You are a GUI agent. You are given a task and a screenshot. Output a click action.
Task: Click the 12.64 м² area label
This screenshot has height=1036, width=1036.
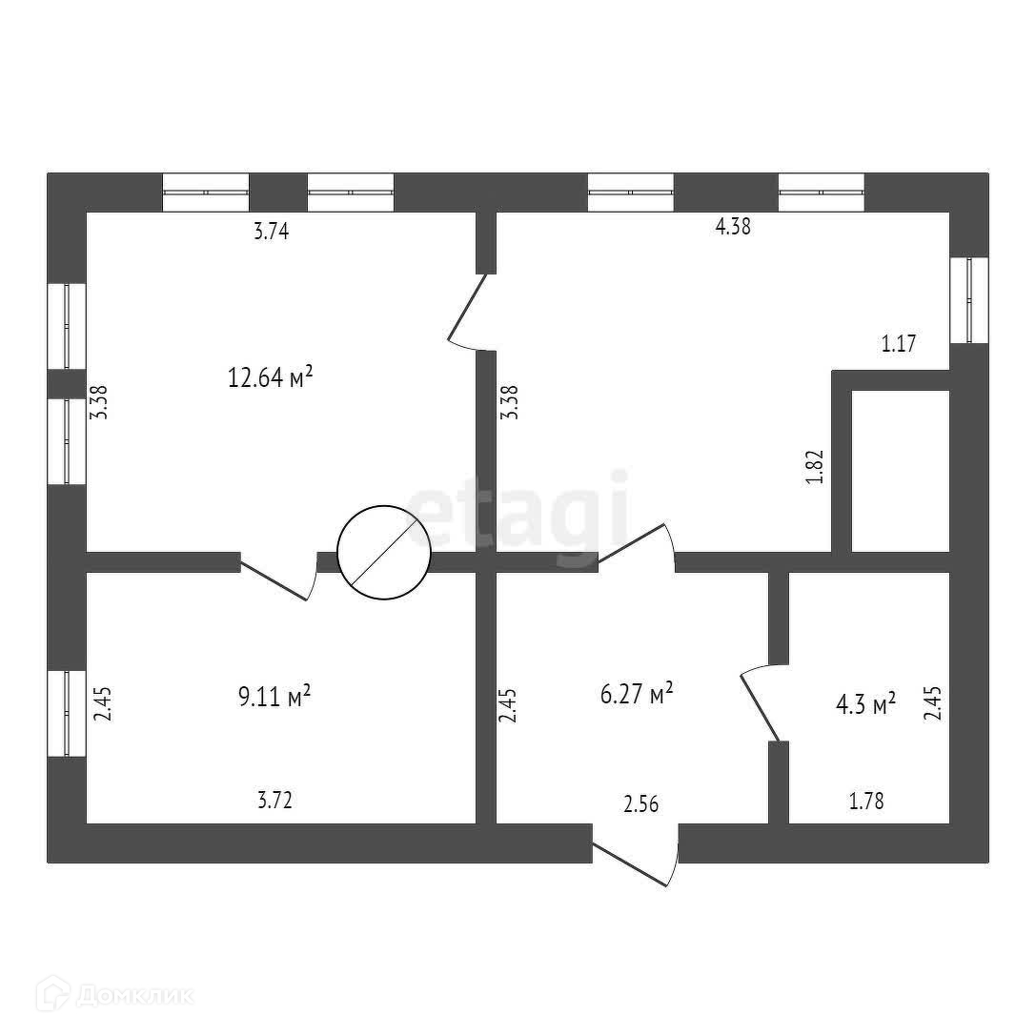pos(270,376)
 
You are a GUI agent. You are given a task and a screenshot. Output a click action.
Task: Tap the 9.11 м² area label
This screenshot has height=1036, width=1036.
pos(274,696)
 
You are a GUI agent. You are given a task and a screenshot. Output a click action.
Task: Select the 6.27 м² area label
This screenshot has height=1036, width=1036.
pos(637,694)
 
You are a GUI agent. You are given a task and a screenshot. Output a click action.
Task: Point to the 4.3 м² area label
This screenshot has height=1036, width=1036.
pos(865,703)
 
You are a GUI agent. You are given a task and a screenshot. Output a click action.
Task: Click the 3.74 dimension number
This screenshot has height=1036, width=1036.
pos(272,232)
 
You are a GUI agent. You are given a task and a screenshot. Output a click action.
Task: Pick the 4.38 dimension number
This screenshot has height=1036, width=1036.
pos(733,227)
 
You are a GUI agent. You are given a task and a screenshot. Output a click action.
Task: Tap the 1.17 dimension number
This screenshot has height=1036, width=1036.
pos(899,343)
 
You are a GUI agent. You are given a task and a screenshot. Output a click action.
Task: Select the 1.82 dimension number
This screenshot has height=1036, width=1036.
pos(815,467)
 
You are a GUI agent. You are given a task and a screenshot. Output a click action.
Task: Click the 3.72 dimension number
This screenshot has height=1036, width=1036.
pos(274,801)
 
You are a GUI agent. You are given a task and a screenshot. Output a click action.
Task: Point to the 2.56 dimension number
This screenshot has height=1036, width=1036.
pos(640,804)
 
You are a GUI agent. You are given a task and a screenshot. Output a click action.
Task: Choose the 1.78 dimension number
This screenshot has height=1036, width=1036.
pos(866,802)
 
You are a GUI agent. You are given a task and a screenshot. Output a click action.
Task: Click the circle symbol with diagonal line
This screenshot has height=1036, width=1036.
pos(384,553)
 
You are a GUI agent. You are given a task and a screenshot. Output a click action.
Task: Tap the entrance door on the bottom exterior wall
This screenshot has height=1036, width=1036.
pos(636,854)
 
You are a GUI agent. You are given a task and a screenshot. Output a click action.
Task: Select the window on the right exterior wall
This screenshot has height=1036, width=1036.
pos(969,300)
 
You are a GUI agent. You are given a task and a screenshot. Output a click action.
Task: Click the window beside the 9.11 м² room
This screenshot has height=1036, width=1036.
pos(67,714)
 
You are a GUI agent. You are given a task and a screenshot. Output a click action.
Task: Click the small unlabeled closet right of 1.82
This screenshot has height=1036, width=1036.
pos(901,471)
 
